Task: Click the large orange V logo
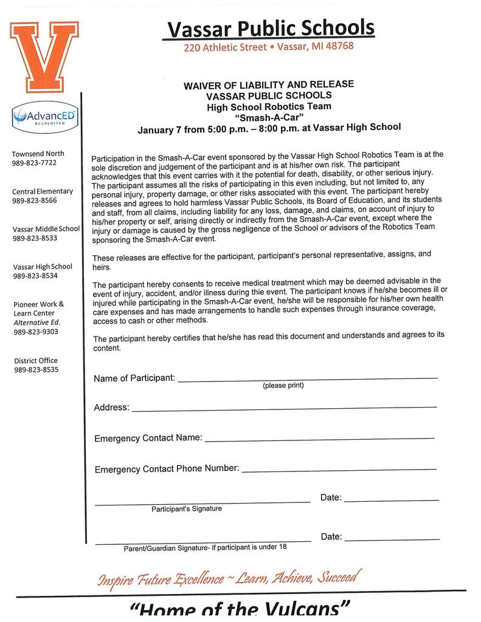44,54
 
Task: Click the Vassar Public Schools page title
271,27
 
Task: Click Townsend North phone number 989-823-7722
34,163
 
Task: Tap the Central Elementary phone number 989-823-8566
34,200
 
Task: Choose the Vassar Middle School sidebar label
46,229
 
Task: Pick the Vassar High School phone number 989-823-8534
34,276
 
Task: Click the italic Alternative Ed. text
36,323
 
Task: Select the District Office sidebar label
36,360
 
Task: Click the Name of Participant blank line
307,378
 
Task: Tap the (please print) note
283,386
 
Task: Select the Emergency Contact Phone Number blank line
339,469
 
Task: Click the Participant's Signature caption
187,509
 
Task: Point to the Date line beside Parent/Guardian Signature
392,539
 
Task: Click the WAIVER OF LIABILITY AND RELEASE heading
269,85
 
